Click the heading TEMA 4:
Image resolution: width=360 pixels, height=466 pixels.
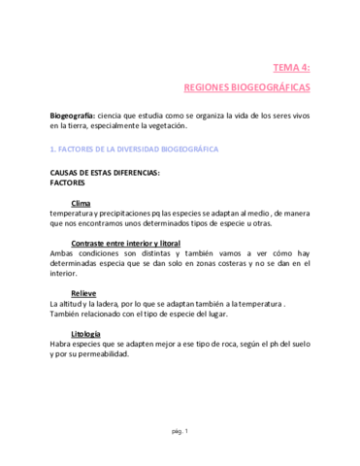291,67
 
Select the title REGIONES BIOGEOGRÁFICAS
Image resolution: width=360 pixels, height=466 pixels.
246,86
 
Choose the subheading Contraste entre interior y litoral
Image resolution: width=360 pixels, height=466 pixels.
127,243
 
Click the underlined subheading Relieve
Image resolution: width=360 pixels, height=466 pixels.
84,293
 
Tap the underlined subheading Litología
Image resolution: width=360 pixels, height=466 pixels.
86,334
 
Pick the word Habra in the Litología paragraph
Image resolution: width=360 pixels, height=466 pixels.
61,344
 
